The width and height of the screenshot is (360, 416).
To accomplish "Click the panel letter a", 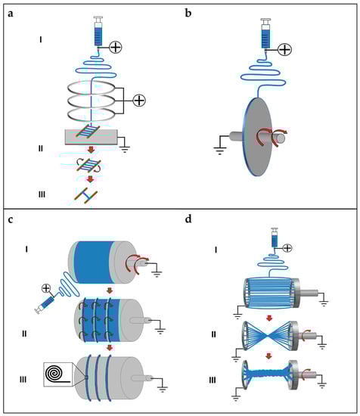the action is click(x=11, y=14).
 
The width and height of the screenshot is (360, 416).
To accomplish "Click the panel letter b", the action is click(x=188, y=13).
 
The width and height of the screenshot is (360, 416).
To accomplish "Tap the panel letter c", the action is click(x=11, y=219).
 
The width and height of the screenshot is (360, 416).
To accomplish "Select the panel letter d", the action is click(x=188, y=219).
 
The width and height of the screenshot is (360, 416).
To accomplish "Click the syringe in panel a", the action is click(x=98, y=32).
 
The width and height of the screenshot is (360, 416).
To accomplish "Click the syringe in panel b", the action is click(x=265, y=34).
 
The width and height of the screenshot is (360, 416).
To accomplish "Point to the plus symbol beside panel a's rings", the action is click(x=139, y=101).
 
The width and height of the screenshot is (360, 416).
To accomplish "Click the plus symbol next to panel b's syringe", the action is click(x=285, y=49).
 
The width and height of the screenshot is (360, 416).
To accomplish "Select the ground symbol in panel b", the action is click(x=220, y=151).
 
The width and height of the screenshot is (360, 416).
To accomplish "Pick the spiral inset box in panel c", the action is click(x=58, y=374).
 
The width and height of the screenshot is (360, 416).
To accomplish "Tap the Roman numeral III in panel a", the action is click(x=42, y=194).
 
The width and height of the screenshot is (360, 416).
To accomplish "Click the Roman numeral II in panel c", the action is click(x=24, y=334).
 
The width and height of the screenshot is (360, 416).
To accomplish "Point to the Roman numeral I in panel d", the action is click(x=216, y=250).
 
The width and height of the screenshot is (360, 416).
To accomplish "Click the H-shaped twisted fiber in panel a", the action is click(x=85, y=196).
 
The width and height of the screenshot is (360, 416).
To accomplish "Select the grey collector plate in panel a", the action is click(x=92, y=137).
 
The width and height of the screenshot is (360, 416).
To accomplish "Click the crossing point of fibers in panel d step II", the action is click(x=268, y=336).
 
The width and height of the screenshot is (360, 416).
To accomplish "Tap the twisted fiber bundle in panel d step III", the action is click(x=268, y=374).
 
